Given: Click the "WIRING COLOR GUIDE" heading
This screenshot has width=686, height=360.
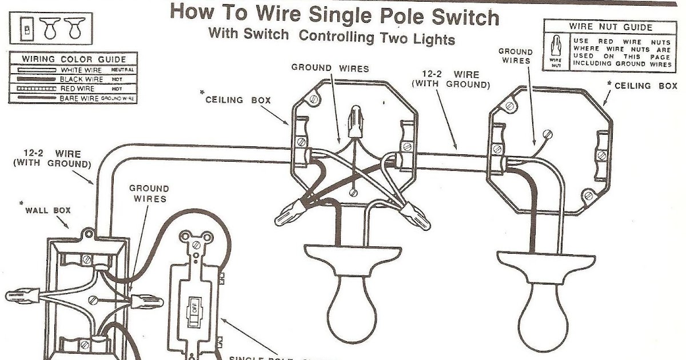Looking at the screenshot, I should pos(74,59).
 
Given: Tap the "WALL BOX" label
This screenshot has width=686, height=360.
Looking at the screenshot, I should pos(48,210).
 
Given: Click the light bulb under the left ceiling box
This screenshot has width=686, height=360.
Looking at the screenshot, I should pos(350,298).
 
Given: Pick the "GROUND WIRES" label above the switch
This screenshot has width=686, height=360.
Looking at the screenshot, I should pos(148,193).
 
